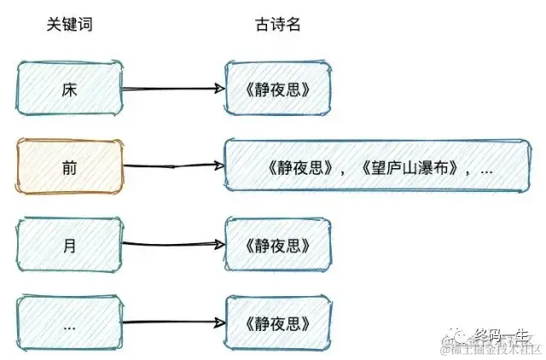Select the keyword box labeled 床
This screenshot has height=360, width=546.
coord(71,88)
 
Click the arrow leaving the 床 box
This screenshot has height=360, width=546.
coord(175,88)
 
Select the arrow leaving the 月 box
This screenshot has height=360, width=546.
coord(175,245)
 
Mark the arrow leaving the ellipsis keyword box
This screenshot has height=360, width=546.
coord(175,322)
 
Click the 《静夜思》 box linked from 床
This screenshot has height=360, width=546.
coord(277,88)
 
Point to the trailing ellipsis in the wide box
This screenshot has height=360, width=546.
coord(487,168)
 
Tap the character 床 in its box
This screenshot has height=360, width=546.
coord(70,88)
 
